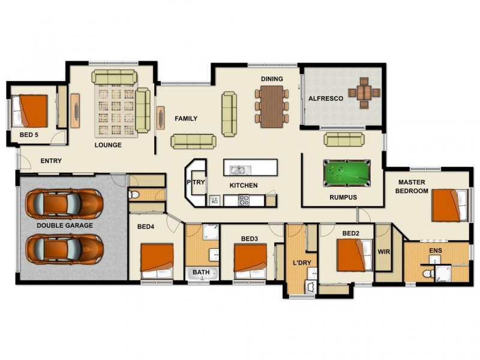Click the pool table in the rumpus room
coord(347,173)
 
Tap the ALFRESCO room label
coord(325,98)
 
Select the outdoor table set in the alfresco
coord(364,93)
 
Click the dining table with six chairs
coord(272,106)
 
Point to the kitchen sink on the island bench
coord(241,170)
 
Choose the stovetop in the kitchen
coord(244,200)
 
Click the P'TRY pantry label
coord(196,182)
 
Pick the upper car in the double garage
coord(64,202)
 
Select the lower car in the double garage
coord(64,248)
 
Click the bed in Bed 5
coord(29,111)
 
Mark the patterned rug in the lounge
coord(116,111)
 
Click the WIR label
coord(384,251)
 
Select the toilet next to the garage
coord(134,194)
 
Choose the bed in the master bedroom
coord(449,205)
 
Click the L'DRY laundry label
coord(302,263)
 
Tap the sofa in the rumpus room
coord(344,139)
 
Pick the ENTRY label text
coord(51,161)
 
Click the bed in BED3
coord(250,261)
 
